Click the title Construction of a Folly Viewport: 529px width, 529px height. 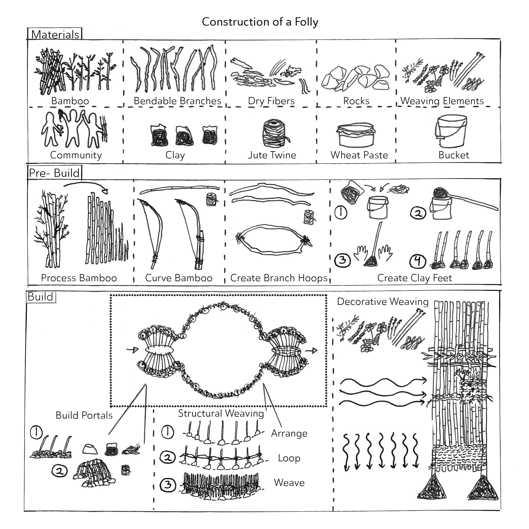click(x=260, y=22)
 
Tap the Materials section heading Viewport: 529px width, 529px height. click(x=55, y=35)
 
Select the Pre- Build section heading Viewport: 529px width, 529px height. click(x=54, y=173)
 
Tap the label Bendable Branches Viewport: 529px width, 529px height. click(x=177, y=101)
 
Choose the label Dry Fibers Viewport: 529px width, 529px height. click(x=271, y=101)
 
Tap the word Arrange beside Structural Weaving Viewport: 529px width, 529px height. click(x=289, y=433)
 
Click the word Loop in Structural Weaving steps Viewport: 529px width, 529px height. click(x=289, y=458)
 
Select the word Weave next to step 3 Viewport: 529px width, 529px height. click(x=289, y=482)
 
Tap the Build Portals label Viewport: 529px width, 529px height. click(x=84, y=415)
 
